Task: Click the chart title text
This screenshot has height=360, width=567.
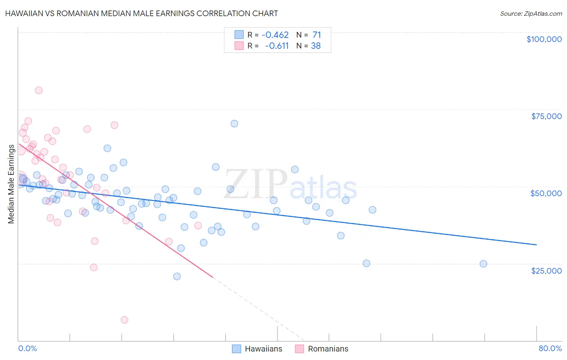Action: coord(142,13)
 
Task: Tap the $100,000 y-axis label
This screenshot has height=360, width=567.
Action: coord(544,39)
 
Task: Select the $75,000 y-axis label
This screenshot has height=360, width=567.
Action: coord(546,116)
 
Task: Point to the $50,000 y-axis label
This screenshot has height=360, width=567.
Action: coord(546,193)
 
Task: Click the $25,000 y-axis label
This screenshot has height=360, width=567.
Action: coord(546,270)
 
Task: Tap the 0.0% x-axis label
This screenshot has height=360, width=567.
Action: coord(27,348)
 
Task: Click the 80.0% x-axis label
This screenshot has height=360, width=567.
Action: coord(550,348)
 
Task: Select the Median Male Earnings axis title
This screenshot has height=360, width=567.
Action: coord(11,184)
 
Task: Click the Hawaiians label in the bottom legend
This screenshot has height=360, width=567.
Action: coord(263,349)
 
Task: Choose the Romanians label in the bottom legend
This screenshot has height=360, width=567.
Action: coord(328,349)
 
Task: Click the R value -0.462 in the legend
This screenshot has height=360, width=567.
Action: coord(275,35)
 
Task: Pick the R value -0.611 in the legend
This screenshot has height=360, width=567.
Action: coord(277,46)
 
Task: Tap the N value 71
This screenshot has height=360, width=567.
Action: coord(317,35)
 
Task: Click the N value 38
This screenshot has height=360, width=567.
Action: coord(316,46)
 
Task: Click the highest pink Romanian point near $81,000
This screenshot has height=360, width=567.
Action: coord(39,90)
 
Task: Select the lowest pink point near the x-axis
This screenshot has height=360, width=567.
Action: coord(125,320)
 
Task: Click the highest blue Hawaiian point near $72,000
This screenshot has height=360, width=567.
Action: coord(234,124)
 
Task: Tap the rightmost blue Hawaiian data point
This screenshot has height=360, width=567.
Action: coord(483,264)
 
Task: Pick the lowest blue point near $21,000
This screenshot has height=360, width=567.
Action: coord(177,276)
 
